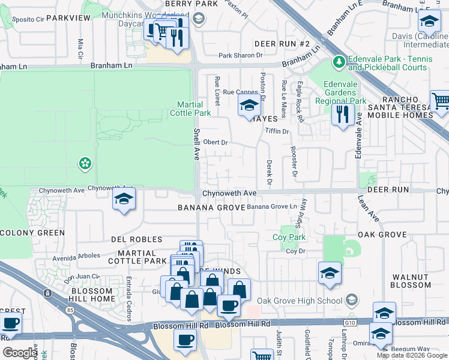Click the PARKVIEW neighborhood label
pos(68,18)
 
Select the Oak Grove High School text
pos(300,301)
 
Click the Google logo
pos(20,353)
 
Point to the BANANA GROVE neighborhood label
pos(211,208)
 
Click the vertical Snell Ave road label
pos(196,143)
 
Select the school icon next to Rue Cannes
pos(249,106)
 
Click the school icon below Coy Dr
pos(330,273)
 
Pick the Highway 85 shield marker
pos(47,293)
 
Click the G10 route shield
pos(348,322)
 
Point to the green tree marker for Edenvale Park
pos(339,62)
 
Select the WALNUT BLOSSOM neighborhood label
pos(411,281)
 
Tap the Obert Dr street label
pos(216,142)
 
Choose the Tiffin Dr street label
pos(277,131)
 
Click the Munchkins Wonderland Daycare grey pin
pos(199,19)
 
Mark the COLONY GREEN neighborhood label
pos(32,233)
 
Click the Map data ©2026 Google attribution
pos(412,355)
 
